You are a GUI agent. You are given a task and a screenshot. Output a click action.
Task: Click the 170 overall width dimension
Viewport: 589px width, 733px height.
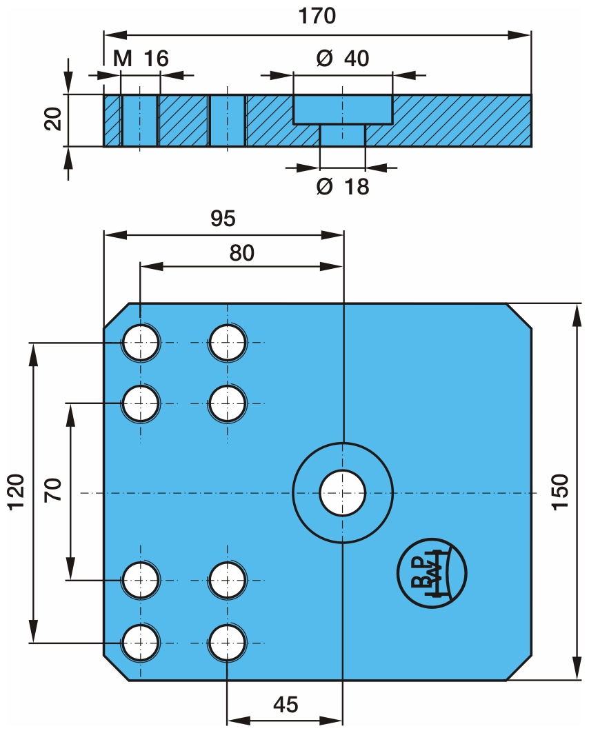coord(318,16)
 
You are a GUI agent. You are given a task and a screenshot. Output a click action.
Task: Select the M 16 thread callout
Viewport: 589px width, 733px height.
coord(141,59)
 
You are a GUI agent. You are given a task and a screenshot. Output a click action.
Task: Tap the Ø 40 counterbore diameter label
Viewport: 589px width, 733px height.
coord(343,59)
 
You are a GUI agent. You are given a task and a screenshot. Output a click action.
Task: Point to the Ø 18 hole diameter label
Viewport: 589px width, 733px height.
coord(343,185)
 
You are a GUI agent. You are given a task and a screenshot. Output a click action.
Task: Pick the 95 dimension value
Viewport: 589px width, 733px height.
coord(223,219)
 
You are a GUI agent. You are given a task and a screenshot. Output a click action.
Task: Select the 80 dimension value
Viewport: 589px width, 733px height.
coord(241,253)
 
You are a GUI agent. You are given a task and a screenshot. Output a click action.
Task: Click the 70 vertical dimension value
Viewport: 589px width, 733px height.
coord(55,491)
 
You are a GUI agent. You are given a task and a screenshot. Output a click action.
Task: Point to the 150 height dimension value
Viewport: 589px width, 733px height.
coord(560,491)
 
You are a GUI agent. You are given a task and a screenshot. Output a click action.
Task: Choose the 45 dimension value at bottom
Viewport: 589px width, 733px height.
coord(285,705)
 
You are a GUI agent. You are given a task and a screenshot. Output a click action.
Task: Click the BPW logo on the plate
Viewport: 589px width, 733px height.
coord(432,572)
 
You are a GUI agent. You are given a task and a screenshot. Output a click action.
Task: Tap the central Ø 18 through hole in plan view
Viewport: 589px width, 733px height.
coord(343,492)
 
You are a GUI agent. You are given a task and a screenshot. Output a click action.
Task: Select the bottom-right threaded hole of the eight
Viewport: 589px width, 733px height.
coord(228,643)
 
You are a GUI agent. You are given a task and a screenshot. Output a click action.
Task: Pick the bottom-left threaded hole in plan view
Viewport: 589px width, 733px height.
coord(141,643)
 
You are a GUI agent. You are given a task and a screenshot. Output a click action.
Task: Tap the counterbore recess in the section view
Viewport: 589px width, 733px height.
coord(343,109)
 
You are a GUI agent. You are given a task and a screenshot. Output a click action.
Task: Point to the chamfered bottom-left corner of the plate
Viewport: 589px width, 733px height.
coord(117,668)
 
